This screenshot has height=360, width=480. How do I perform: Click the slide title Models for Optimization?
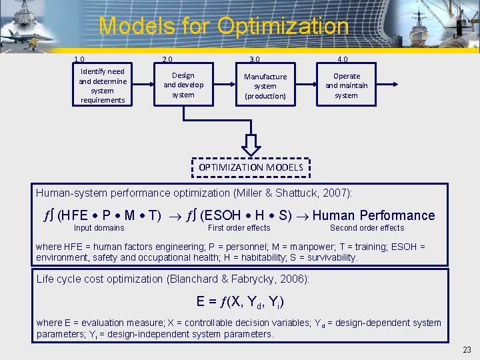click(223, 27)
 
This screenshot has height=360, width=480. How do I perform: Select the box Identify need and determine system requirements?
click(102, 85)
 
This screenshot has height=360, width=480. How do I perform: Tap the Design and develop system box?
click(183, 85)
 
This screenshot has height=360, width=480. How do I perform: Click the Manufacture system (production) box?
click(265, 86)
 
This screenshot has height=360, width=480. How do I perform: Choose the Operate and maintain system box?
click(346, 85)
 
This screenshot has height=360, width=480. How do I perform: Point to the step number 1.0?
click(79, 59)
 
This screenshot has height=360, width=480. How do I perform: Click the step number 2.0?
click(168, 59)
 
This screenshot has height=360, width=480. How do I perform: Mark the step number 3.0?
click(254, 59)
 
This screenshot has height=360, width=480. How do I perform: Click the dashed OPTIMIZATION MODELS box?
click(251, 167)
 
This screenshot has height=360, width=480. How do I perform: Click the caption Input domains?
click(99, 228)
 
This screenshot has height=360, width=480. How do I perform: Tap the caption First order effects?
click(239, 228)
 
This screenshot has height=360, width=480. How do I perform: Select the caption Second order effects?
click(367, 228)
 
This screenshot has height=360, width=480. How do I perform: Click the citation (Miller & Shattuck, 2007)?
click(292, 193)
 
